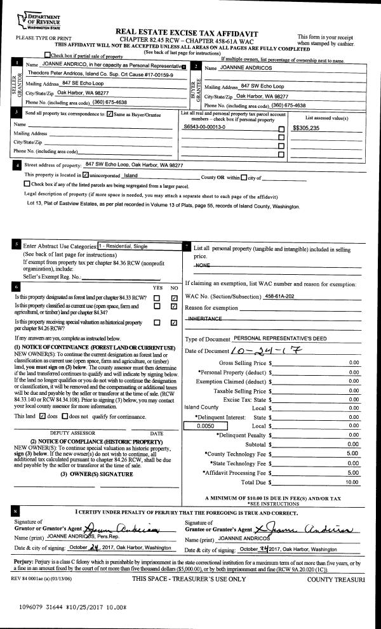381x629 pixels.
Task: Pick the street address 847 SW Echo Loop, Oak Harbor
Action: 134,164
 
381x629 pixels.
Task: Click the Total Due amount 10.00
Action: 353,482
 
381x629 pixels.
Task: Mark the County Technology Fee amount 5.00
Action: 353,454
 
